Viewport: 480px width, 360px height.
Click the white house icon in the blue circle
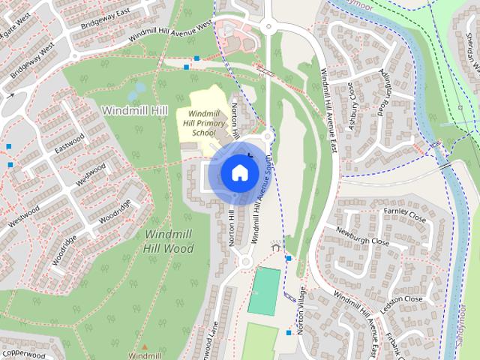[239, 172]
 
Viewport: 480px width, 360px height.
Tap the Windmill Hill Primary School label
[198, 122]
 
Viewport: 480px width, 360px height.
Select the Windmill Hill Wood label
[169, 241]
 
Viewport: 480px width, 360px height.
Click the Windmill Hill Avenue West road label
[171, 31]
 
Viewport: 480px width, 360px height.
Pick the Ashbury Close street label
[351, 106]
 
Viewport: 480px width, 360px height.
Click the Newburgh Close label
[362, 237]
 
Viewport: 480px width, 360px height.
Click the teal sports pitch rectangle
[264, 291]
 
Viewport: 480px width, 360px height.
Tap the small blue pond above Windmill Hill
[136, 91]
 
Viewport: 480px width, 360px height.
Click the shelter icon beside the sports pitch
[276, 247]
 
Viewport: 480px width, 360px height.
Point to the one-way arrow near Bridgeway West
[10, 95]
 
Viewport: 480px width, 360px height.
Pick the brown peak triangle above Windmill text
[145, 346]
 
